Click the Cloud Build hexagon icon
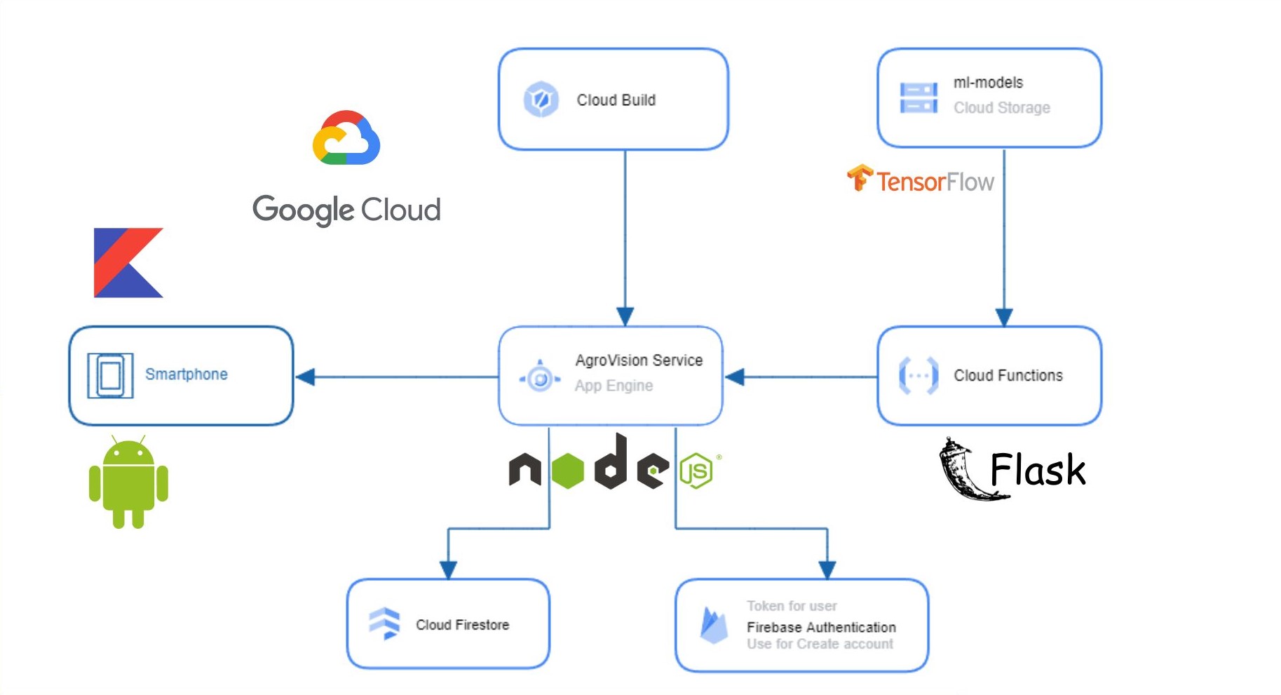point(541,100)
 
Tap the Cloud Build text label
point(616,100)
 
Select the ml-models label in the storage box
point(987,83)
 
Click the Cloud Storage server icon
point(918,97)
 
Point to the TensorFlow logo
point(920,180)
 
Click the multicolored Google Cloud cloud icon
point(346,138)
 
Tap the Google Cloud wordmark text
point(346,210)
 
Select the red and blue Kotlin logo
point(128,263)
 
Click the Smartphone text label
point(186,375)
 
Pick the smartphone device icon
point(110,376)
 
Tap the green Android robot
point(128,482)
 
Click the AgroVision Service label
point(638,360)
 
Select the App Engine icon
point(540,379)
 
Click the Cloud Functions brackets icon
point(918,376)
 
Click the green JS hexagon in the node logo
point(696,471)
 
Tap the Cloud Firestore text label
point(462,625)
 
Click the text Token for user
point(791,606)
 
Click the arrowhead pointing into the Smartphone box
point(305,377)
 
